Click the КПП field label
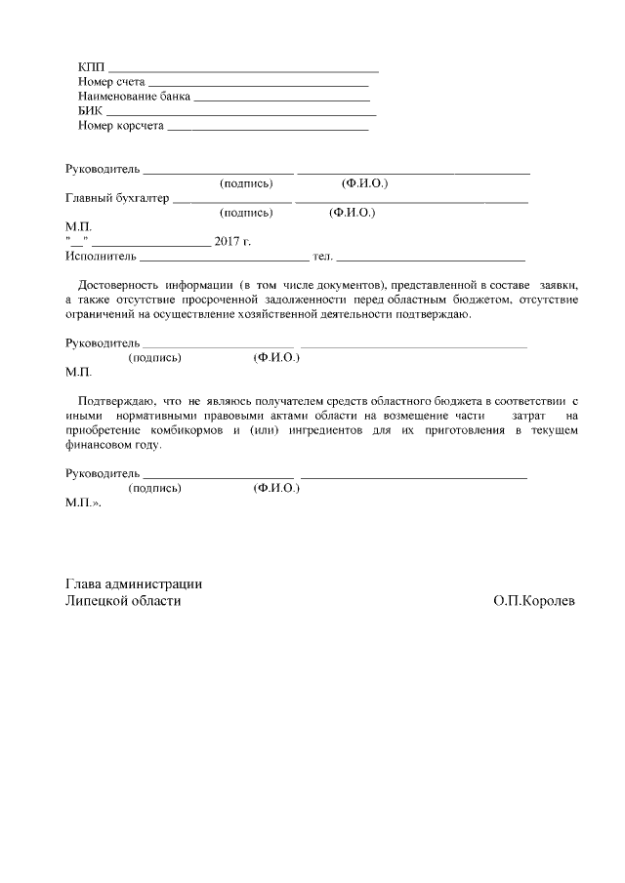click(x=91, y=66)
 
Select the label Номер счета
click(x=110, y=81)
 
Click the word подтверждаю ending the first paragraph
click(x=440, y=314)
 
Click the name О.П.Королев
click(x=534, y=602)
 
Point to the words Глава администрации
click(x=133, y=583)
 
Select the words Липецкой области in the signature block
click(x=123, y=602)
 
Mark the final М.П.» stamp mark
click(x=82, y=502)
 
